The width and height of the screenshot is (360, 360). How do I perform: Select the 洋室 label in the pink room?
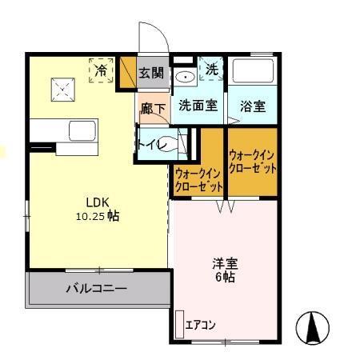click(224, 262)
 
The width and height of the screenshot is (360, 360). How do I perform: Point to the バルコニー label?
click(96, 289)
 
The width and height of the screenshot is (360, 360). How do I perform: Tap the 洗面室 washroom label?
click(197, 105)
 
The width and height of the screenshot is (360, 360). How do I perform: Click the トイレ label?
click(152, 145)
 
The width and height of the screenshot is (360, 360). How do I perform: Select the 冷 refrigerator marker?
click(102, 70)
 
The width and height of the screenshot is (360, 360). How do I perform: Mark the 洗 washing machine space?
click(212, 70)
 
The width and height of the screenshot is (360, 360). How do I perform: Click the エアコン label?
click(200, 325)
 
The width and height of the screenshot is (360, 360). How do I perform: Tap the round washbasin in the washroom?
click(184, 78)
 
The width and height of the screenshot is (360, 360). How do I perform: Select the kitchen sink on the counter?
click(81, 130)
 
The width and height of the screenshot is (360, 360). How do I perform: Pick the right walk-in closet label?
click(253, 162)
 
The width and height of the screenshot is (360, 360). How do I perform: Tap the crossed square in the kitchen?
click(62, 86)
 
